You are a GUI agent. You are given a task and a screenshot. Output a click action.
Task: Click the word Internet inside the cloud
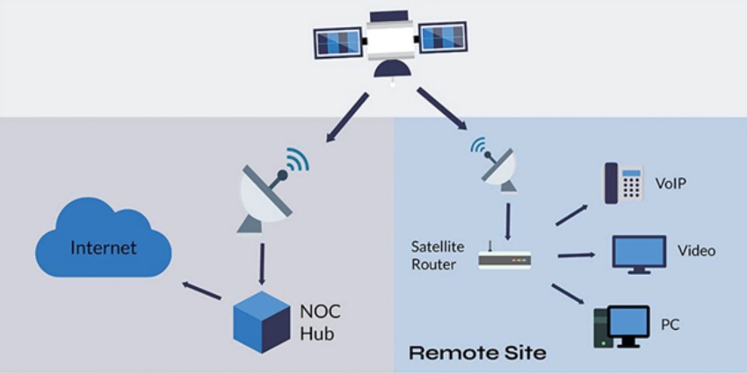tap(104, 247)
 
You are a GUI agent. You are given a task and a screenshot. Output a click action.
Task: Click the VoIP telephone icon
tap(623, 183)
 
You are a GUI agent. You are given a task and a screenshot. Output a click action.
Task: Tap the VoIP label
tap(671, 184)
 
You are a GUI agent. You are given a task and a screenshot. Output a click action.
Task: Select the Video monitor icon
tap(640, 253)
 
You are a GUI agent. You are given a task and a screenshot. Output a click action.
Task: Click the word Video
tap(696, 251)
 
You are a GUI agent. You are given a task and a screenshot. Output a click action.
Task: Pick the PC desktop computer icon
tap(621, 326)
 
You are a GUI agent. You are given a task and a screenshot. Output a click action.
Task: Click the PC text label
tap(670, 326)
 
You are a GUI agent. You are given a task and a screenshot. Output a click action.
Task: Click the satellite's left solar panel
tap(337, 40)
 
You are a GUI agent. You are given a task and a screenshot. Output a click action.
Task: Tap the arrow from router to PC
tap(571, 295)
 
